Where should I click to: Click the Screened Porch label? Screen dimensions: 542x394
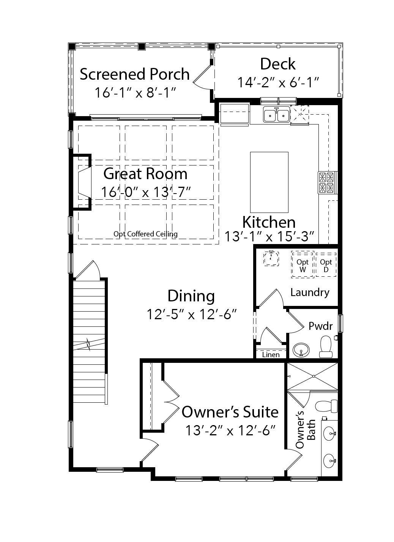[134, 74]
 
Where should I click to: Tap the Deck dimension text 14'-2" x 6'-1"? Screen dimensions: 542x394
[278, 82]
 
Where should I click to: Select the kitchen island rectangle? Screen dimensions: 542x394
[269, 182]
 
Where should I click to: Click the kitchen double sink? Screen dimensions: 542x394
[276, 115]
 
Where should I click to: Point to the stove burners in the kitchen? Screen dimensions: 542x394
[326, 183]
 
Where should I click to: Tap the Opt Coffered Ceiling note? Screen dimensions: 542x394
[145, 234]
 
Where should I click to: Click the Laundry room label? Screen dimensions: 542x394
[310, 292]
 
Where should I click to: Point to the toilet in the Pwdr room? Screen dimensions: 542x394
[326, 347]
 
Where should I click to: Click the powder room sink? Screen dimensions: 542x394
[301, 350]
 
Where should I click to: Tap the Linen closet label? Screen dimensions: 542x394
[271, 355]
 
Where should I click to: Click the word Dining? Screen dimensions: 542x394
[191, 296]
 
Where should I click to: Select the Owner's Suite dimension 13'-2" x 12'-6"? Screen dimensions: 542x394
[230, 430]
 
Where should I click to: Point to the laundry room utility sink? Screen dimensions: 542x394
[271, 258]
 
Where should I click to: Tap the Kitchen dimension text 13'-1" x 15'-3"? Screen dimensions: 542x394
[269, 236]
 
